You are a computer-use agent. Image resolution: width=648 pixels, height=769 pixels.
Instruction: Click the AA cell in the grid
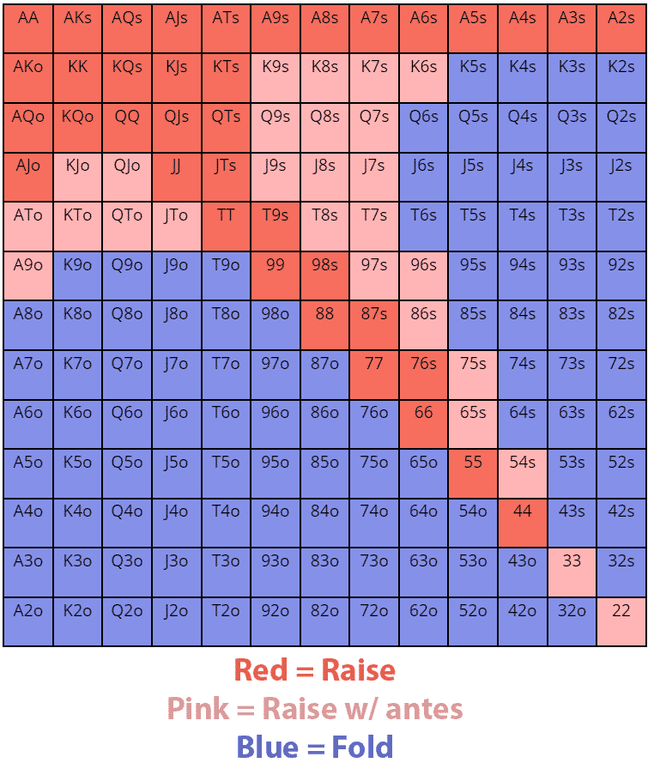[28, 28]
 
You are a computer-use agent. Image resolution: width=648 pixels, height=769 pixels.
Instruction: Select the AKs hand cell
[77, 28]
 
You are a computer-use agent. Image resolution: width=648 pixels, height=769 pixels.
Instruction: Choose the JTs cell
[226, 177]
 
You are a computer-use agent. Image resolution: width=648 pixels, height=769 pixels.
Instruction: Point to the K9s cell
[276, 78]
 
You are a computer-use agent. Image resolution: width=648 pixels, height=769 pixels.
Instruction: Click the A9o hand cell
[28, 276]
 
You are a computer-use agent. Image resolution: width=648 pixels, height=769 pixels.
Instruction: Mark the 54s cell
[523, 473]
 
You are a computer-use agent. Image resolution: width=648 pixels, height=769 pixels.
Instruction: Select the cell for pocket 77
[374, 374]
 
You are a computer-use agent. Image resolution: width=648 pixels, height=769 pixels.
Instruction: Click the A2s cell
[621, 28]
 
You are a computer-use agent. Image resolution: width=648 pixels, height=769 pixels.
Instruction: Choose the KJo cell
[77, 177]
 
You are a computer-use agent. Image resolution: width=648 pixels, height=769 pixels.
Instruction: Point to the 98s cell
[324, 276]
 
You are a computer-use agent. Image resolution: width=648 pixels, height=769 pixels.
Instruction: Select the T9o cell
[226, 276]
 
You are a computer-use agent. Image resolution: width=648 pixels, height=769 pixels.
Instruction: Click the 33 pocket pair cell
[572, 572]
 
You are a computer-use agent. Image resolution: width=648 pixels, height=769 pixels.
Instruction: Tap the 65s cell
[473, 423]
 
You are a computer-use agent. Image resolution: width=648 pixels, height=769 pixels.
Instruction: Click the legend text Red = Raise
[314, 670]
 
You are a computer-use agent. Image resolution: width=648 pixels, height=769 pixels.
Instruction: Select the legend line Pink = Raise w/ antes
[314, 709]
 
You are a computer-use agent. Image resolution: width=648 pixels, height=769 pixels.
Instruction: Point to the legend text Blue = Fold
[314, 747]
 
